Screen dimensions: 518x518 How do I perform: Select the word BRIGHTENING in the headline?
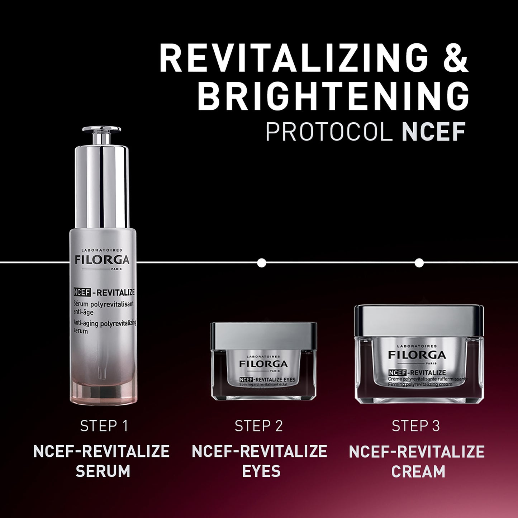click(x=333, y=97)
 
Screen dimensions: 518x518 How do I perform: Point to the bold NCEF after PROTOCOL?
click(x=432, y=132)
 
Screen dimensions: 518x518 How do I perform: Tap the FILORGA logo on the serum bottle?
click(x=101, y=260)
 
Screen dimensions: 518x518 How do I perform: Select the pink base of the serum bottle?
click(x=101, y=387)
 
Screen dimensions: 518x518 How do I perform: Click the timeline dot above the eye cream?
click(x=262, y=263)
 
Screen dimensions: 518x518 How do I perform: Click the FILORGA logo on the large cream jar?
click(x=417, y=355)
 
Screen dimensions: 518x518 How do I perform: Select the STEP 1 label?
click(x=104, y=426)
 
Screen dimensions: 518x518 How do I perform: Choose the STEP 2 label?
click(x=259, y=426)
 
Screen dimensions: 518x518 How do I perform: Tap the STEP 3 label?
click(x=416, y=426)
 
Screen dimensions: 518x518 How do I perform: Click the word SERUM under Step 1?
click(x=103, y=471)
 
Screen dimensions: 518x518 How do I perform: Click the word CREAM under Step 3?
click(x=418, y=471)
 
